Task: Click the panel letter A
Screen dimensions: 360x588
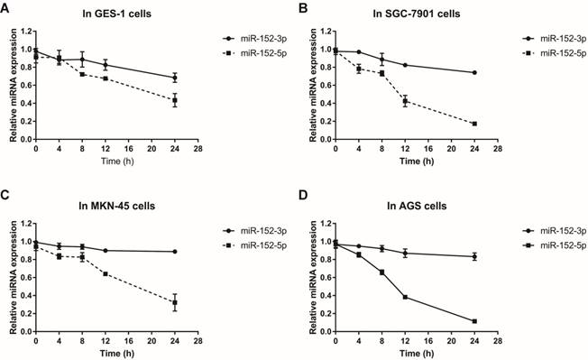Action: tap(6, 8)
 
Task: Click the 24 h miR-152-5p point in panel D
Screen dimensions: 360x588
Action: tap(500, 321)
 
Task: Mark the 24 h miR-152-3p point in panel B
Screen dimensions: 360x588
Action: tap(500, 72)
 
